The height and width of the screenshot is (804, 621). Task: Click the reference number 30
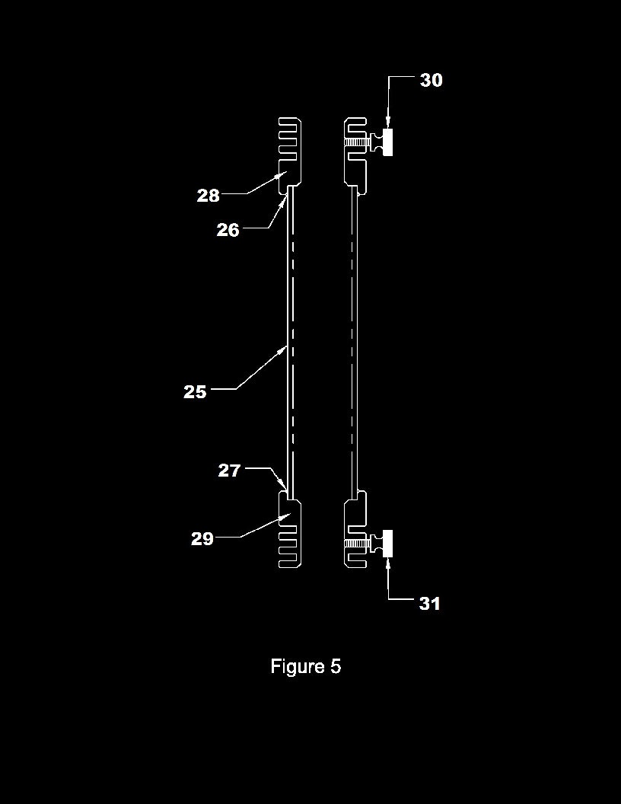click(x=431, y=81)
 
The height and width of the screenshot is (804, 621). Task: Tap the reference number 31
click(x=430, y=604)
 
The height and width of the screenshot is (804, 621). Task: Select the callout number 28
click(x=208, y=196)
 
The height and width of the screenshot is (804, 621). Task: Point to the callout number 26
click(x=228, y=230)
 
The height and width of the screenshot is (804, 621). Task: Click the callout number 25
click(x=195, y=392)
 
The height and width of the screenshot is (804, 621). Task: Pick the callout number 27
click(x=229, y=471)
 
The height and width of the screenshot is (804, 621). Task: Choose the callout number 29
click(x=202, y=539)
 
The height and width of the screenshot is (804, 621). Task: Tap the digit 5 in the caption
click(x=336, y=666)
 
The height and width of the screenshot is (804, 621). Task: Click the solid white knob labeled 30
click(x=388, y=142)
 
